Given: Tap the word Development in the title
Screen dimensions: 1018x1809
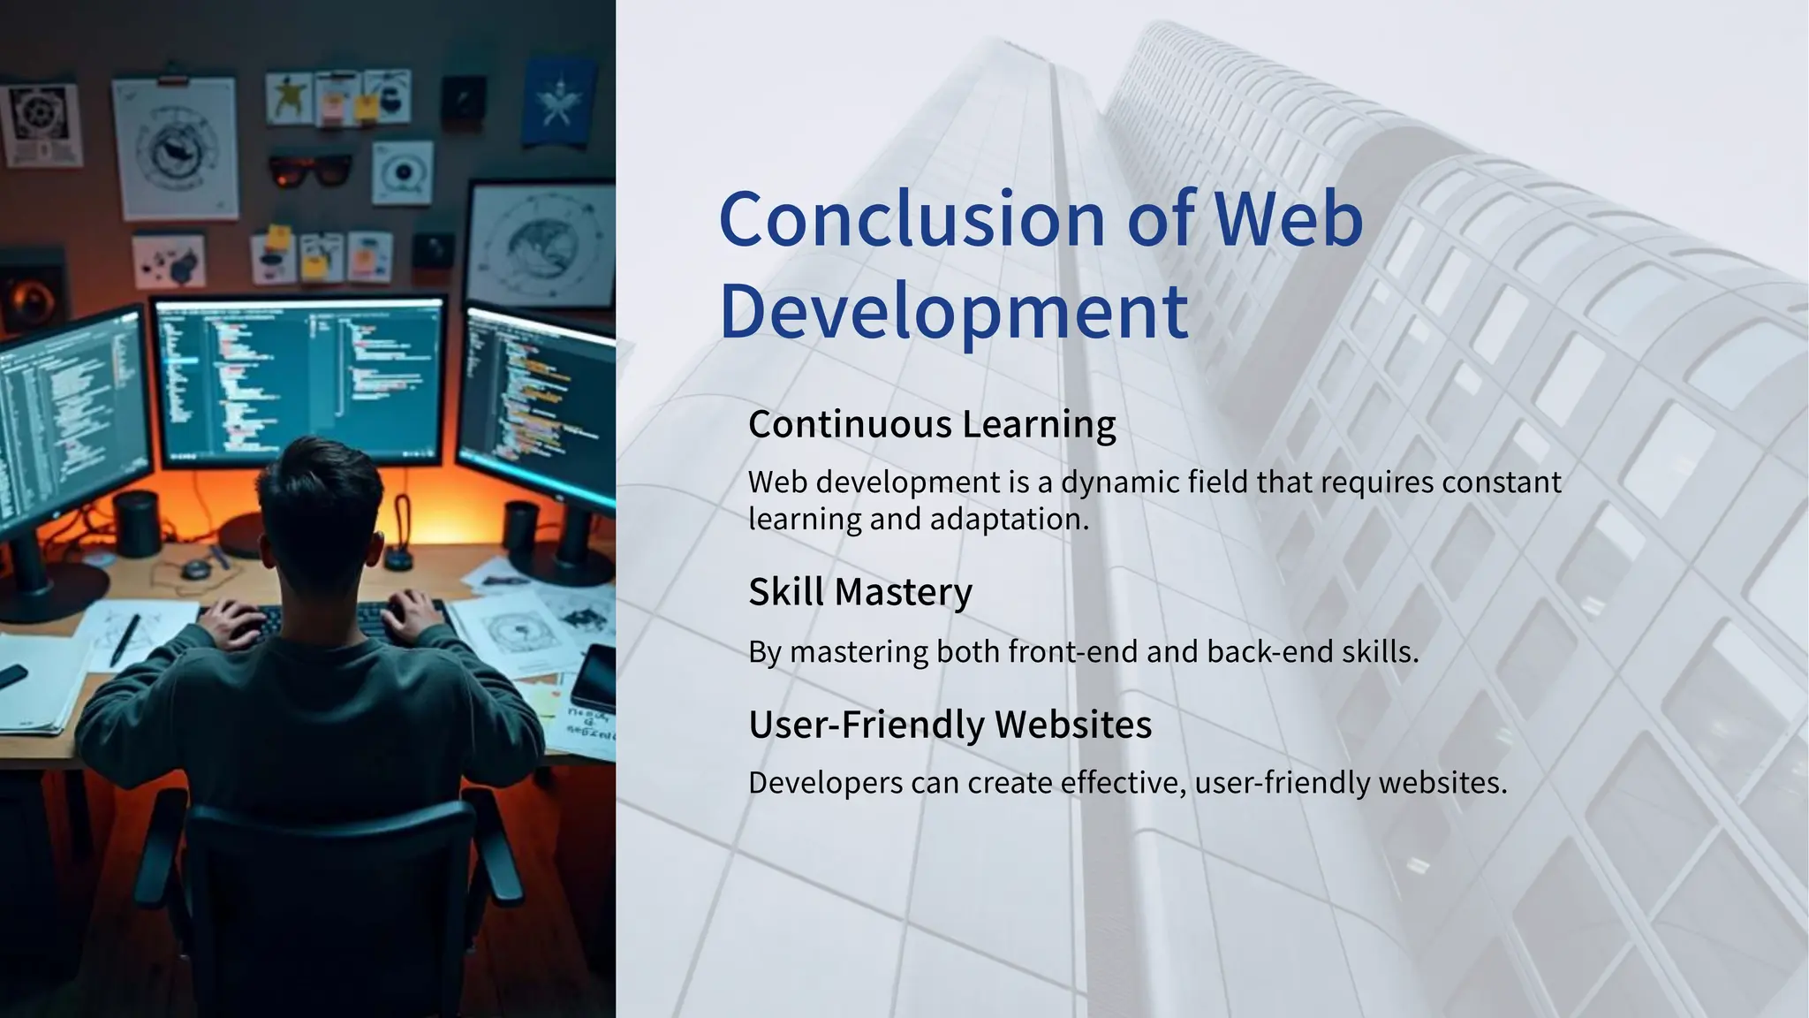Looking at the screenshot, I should [954, 311].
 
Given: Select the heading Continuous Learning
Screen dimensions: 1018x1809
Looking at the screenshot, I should [932, 424].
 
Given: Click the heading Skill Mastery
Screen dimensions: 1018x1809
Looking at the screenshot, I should [859, 591].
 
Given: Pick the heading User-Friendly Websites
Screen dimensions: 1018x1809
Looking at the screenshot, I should [950, 724].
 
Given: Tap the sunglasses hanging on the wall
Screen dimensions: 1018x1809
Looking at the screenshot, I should [308, 169].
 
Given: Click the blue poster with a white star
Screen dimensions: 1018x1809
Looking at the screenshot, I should [556, 102].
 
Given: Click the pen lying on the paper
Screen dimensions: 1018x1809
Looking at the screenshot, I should [125, 638].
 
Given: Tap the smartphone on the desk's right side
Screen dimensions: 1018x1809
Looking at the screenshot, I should [594, 675].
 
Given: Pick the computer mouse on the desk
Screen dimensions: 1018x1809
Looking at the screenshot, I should [196, 568].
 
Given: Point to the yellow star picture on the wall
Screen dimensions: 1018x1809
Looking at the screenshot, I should [288, 97].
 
